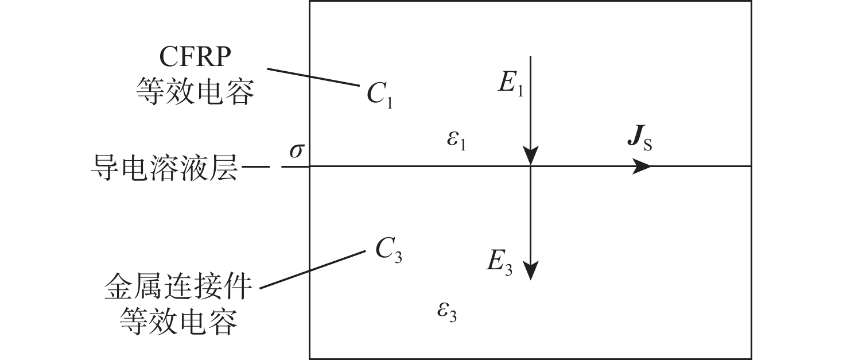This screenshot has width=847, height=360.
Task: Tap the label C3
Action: tap(388, 250)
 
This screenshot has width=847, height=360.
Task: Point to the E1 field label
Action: tap(510, 84)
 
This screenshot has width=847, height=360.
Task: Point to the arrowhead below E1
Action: tap(531, 156)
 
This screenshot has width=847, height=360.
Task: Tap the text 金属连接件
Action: tap(178, 285)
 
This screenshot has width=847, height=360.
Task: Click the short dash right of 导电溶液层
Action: tap(258, 167)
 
